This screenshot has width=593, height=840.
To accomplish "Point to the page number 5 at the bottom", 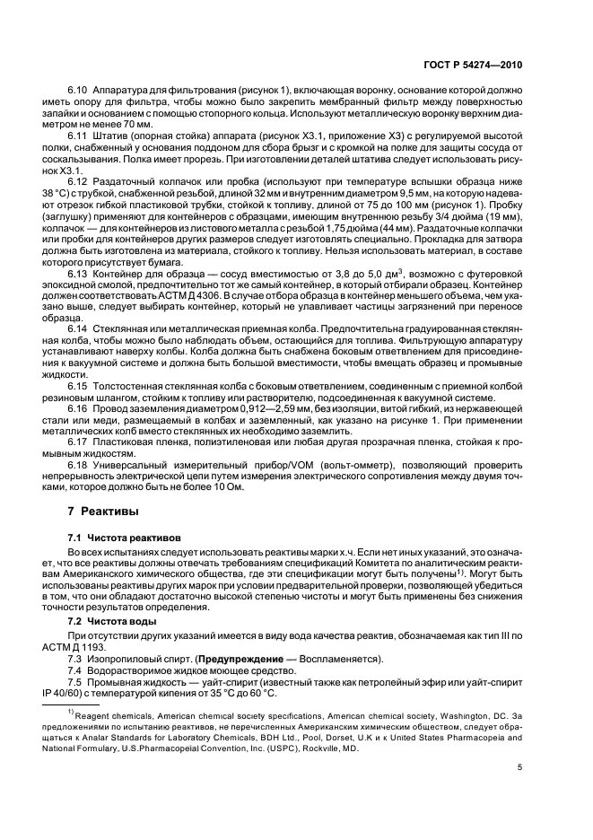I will pyautogui.click(x=519, y=767).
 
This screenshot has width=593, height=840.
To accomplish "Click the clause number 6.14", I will pyautogui.click(x=79, y=321).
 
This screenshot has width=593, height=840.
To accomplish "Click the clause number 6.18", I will pyautogui.click(x=79, y=466).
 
